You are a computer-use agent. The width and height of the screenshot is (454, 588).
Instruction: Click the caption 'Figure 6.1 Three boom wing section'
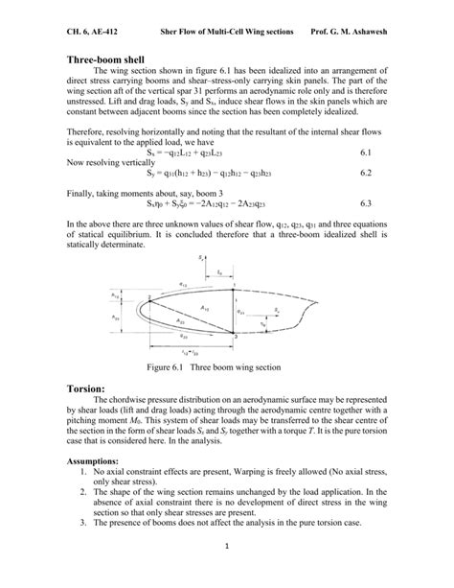tap(226, 366)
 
